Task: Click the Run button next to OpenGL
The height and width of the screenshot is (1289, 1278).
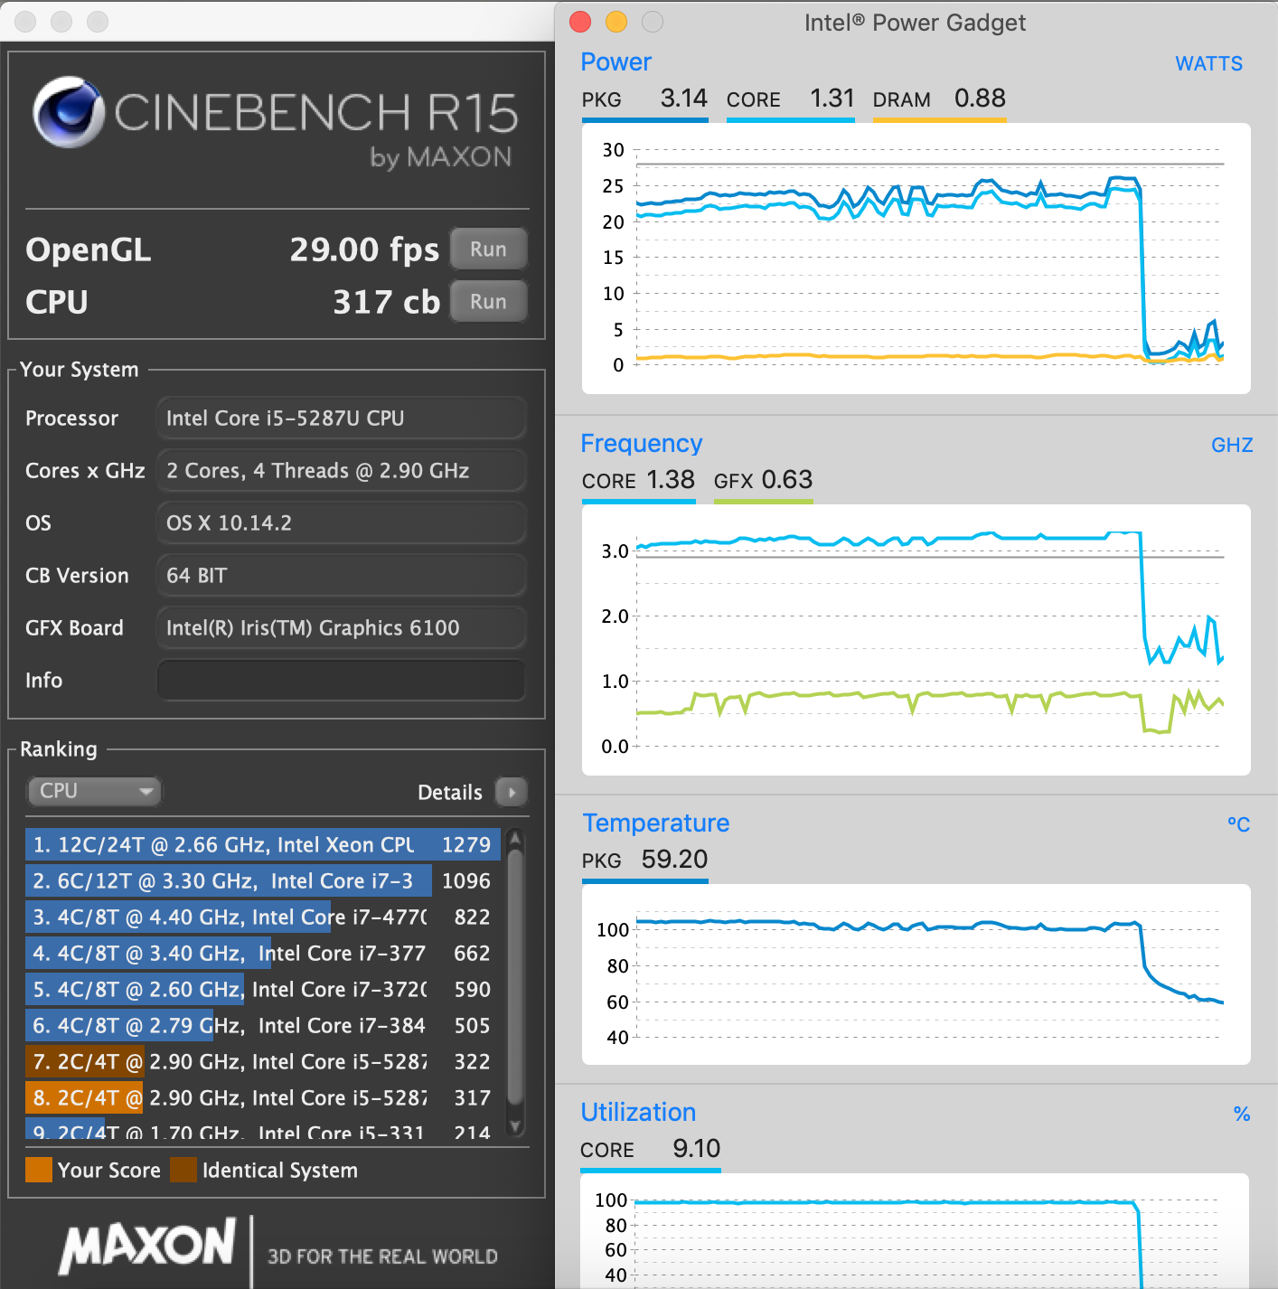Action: click(488, 249)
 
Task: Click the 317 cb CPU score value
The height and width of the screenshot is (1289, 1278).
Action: click(386, 302)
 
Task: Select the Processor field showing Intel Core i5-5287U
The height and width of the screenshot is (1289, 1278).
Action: click(341, 419)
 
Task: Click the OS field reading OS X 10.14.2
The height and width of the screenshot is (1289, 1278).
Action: click(341, 523)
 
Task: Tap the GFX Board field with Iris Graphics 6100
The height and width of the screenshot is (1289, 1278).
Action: click(341, 628)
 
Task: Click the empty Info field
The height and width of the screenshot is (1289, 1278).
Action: click(341, 681)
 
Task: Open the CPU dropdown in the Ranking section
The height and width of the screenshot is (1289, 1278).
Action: click(94, 791)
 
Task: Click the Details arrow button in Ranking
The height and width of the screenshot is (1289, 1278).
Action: click(512, 793)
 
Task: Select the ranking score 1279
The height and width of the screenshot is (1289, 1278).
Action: click(465, 845)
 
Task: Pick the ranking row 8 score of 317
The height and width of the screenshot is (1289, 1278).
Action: click(472, 1098)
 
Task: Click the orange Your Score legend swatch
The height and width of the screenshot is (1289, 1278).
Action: click(39, 1171)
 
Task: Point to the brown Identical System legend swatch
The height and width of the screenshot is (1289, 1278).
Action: click(183, 1171)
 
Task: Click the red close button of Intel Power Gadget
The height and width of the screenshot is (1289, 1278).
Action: click(580, 22)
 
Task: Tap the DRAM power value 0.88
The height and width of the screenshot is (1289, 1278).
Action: click(980, 99)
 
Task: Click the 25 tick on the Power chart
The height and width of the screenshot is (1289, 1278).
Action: click(613, 186)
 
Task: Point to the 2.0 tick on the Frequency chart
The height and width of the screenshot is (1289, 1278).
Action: click(615, 616)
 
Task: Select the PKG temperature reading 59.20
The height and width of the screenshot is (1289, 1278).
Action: click(674, 860)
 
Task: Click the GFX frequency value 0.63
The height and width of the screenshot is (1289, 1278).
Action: click(786, 480)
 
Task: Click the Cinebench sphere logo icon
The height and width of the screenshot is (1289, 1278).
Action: click(69, 112)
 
